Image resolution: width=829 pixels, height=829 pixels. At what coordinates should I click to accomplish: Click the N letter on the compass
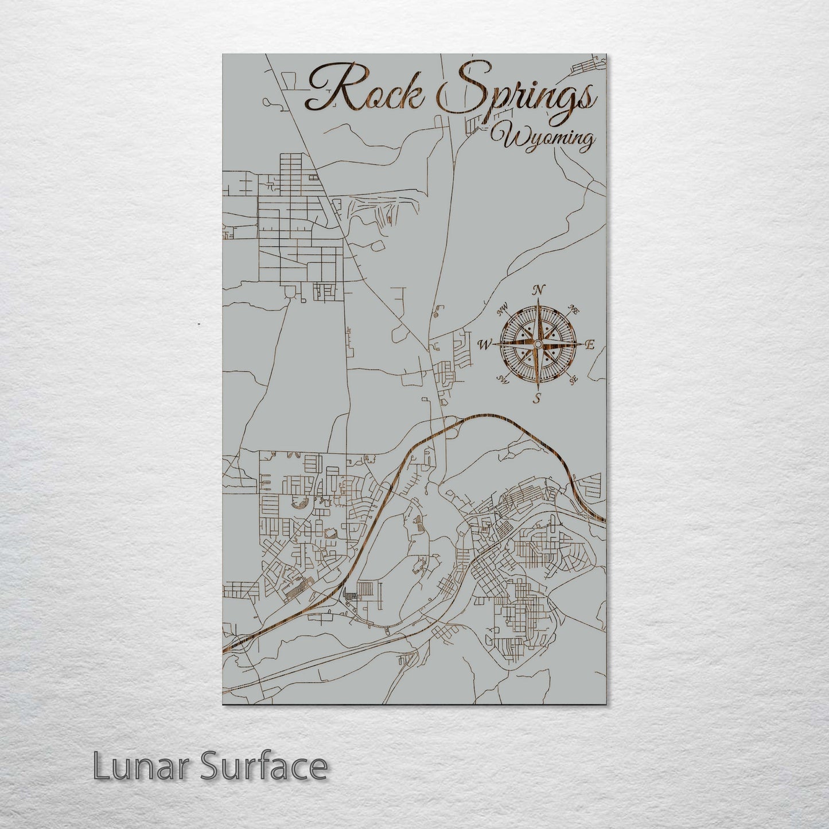538,290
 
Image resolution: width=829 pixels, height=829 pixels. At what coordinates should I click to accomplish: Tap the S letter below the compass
537,398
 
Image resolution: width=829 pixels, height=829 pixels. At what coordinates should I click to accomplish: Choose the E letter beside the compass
589,345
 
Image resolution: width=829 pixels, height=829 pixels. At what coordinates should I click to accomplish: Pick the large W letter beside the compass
485,345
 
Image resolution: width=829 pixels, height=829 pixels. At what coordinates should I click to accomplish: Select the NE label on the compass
573,310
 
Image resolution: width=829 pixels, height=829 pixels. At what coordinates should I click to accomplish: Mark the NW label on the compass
503,311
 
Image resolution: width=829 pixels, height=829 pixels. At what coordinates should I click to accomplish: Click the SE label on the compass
573,379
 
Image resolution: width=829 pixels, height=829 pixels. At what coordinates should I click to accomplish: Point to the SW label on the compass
503,379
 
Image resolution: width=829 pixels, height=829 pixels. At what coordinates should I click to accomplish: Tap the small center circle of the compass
537,344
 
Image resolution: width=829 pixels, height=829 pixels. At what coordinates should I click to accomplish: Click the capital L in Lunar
102,766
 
